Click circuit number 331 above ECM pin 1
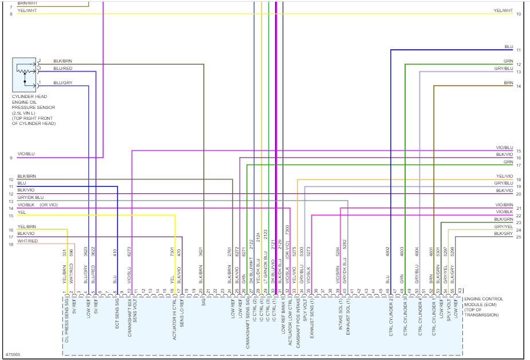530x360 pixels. [x=64, y=253]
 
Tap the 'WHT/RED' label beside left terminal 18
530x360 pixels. [x=28, y=241]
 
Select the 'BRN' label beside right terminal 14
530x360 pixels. [x=508, y=83]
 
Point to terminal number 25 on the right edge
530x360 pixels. [x=518, y=237]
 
